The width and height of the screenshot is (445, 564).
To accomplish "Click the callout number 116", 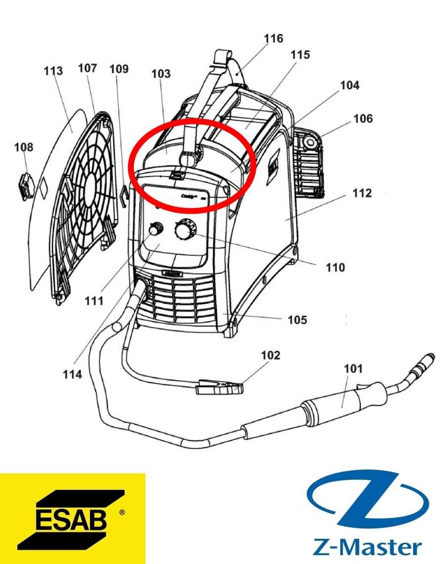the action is [x=273, y=39].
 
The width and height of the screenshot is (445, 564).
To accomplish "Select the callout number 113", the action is [x=53, y=71].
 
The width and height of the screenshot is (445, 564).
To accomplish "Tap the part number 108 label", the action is [x=24, y=147].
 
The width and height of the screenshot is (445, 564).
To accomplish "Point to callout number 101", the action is [x=354, y=369].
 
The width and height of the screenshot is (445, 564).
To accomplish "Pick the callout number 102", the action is [x=270, y=355].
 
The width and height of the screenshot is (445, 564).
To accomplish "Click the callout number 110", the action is [x=335, y=268].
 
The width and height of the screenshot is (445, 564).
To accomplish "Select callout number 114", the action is [x=72, y=375].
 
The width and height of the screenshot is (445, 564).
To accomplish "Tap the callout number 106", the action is [x=363, y=119].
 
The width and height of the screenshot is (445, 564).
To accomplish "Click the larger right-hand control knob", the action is [x=185, y=229].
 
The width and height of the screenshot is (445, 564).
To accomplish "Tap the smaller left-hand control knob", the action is [x=155, y=230].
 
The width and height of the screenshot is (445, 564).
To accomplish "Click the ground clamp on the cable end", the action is [x=219, y=387].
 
